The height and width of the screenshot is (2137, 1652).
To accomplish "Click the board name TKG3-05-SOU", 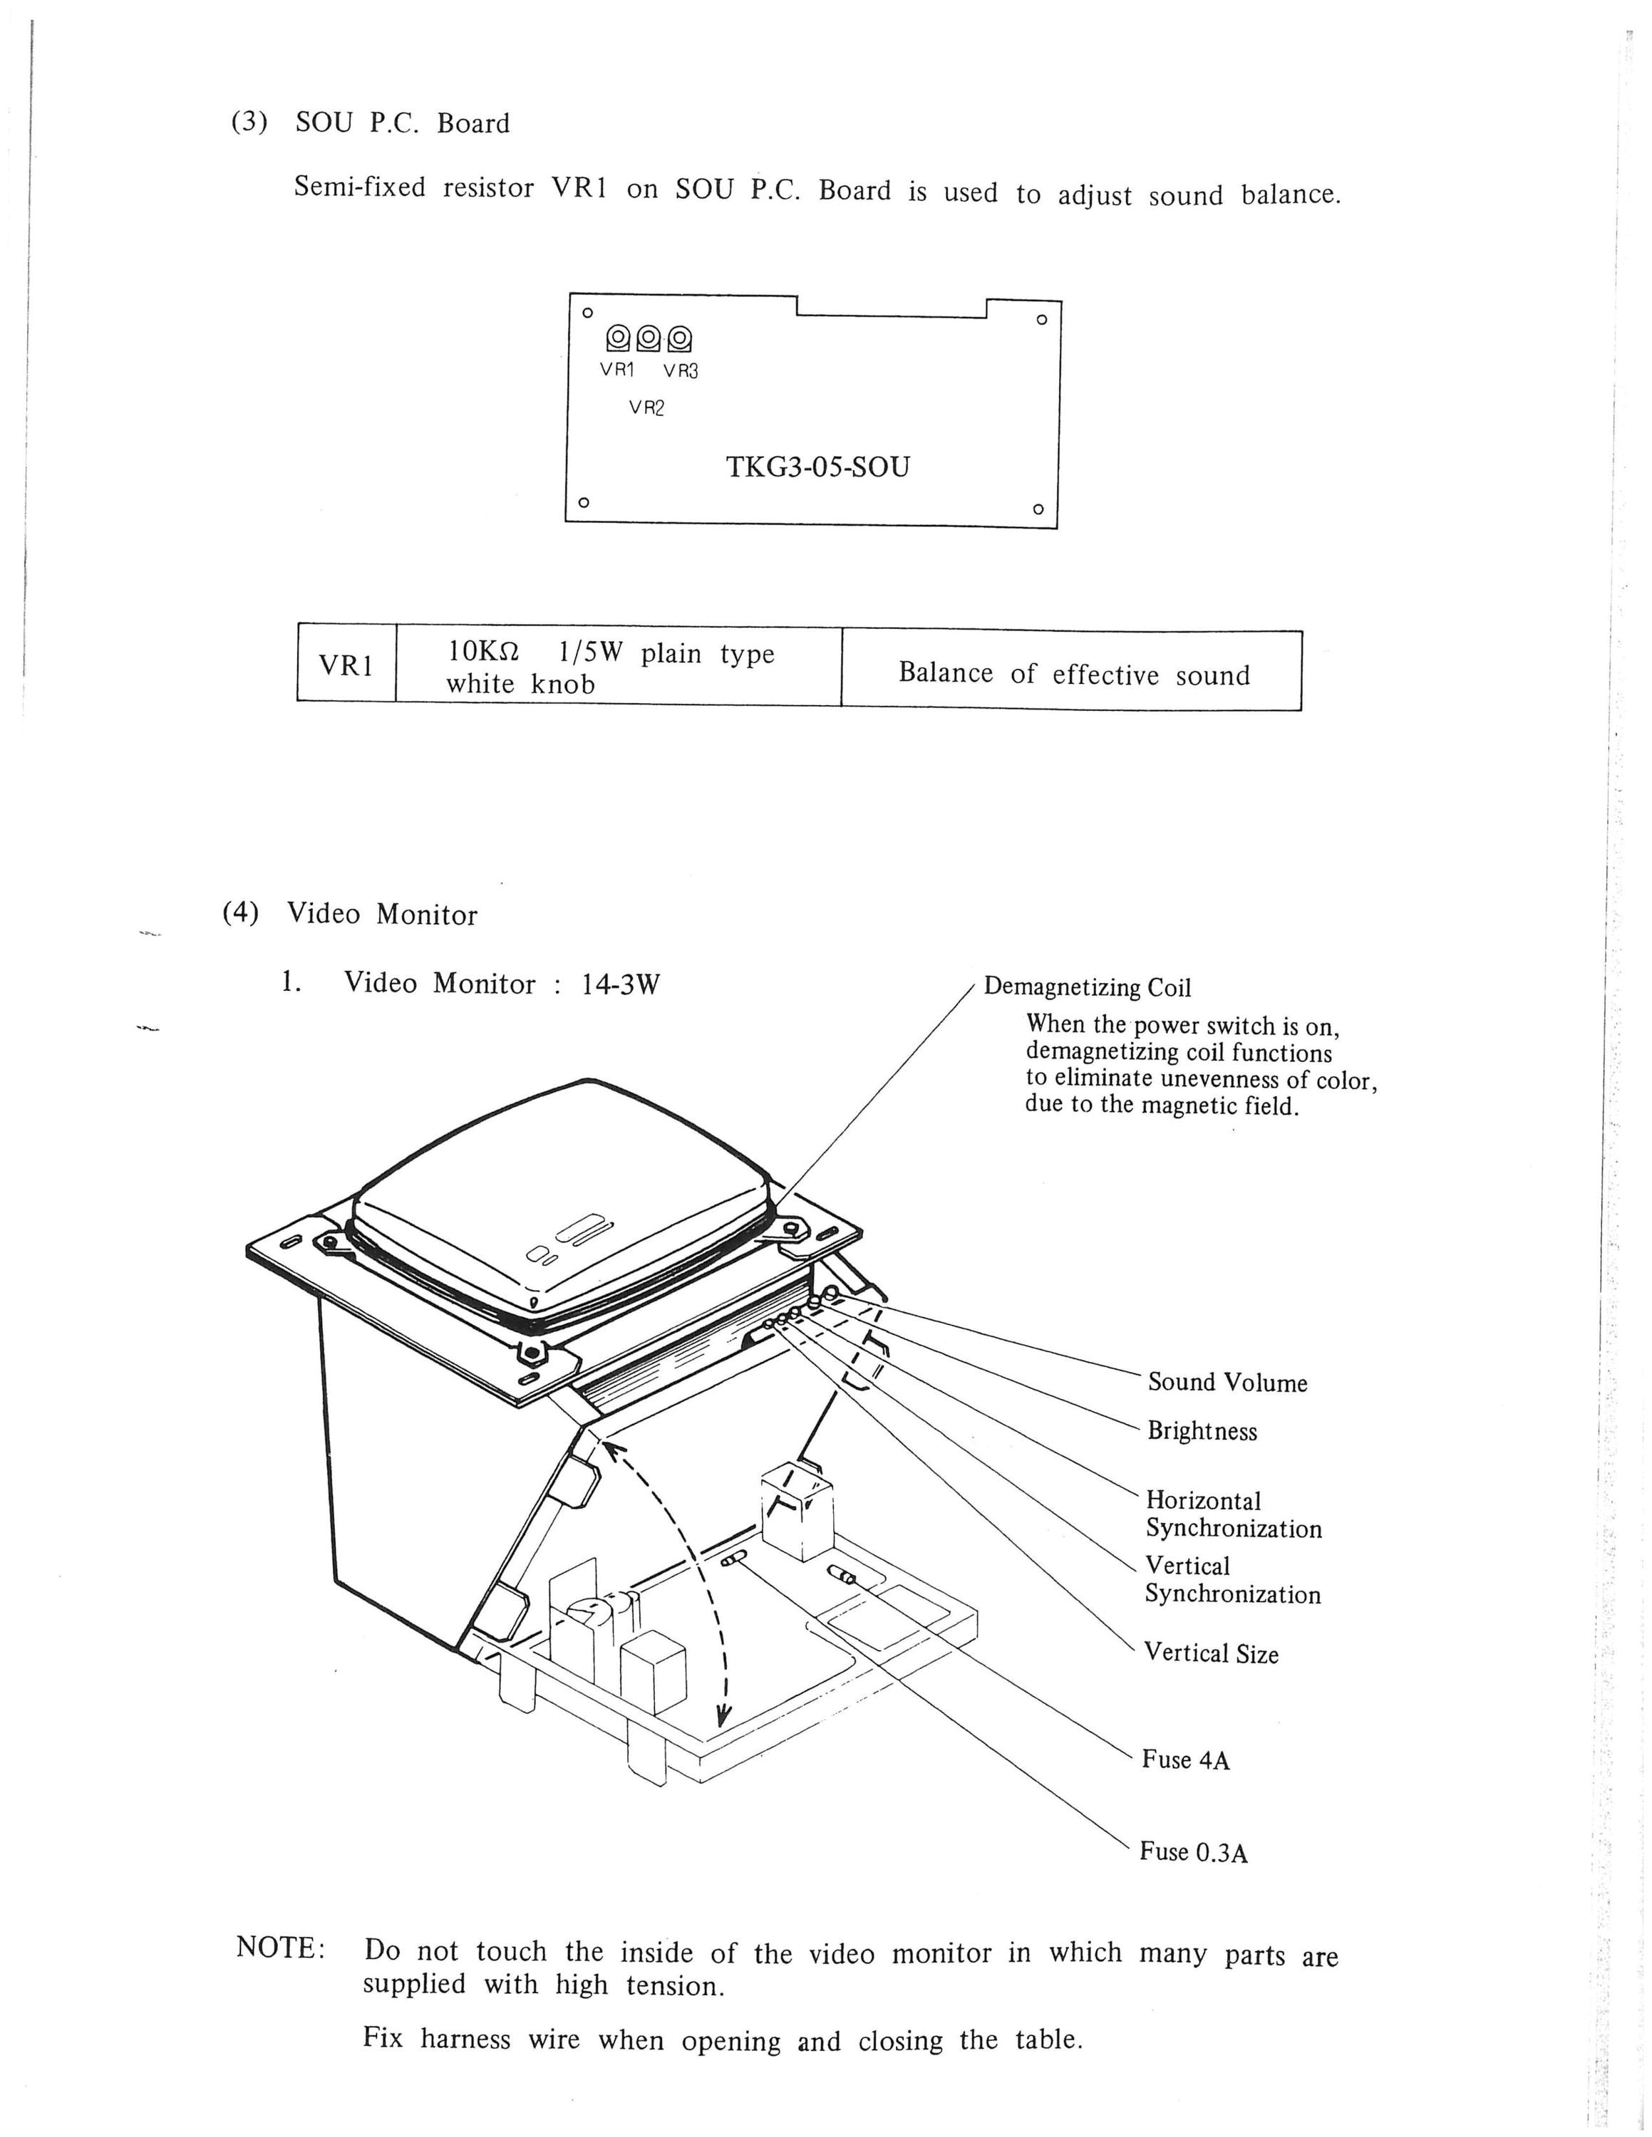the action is click(817, 467).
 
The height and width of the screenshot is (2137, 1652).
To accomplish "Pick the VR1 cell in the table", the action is click(346, 665).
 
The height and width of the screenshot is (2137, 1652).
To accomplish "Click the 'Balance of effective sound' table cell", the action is click(1073, 674).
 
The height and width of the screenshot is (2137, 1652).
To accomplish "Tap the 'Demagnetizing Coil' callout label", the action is click(1088, 987).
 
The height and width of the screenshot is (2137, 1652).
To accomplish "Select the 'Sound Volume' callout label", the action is click(1227, 1383).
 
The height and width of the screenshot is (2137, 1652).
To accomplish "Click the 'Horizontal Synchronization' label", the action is click(1233, 1514).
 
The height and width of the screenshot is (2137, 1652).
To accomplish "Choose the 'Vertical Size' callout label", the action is click(1212, 1653).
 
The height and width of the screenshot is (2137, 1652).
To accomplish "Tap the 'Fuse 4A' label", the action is click(1186, 1760).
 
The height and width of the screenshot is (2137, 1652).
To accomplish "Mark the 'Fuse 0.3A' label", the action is click(1194, 1852).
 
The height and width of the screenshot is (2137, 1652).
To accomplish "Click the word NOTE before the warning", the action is click(280, 1948).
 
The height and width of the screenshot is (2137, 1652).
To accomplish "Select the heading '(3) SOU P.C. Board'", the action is click(370, 123).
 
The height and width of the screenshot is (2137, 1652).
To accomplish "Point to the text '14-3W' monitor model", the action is click(621, 983).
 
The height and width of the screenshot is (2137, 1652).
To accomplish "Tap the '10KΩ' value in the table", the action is click(483, 652).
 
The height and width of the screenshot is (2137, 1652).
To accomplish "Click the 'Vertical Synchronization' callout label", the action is click(1232, 1580).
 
